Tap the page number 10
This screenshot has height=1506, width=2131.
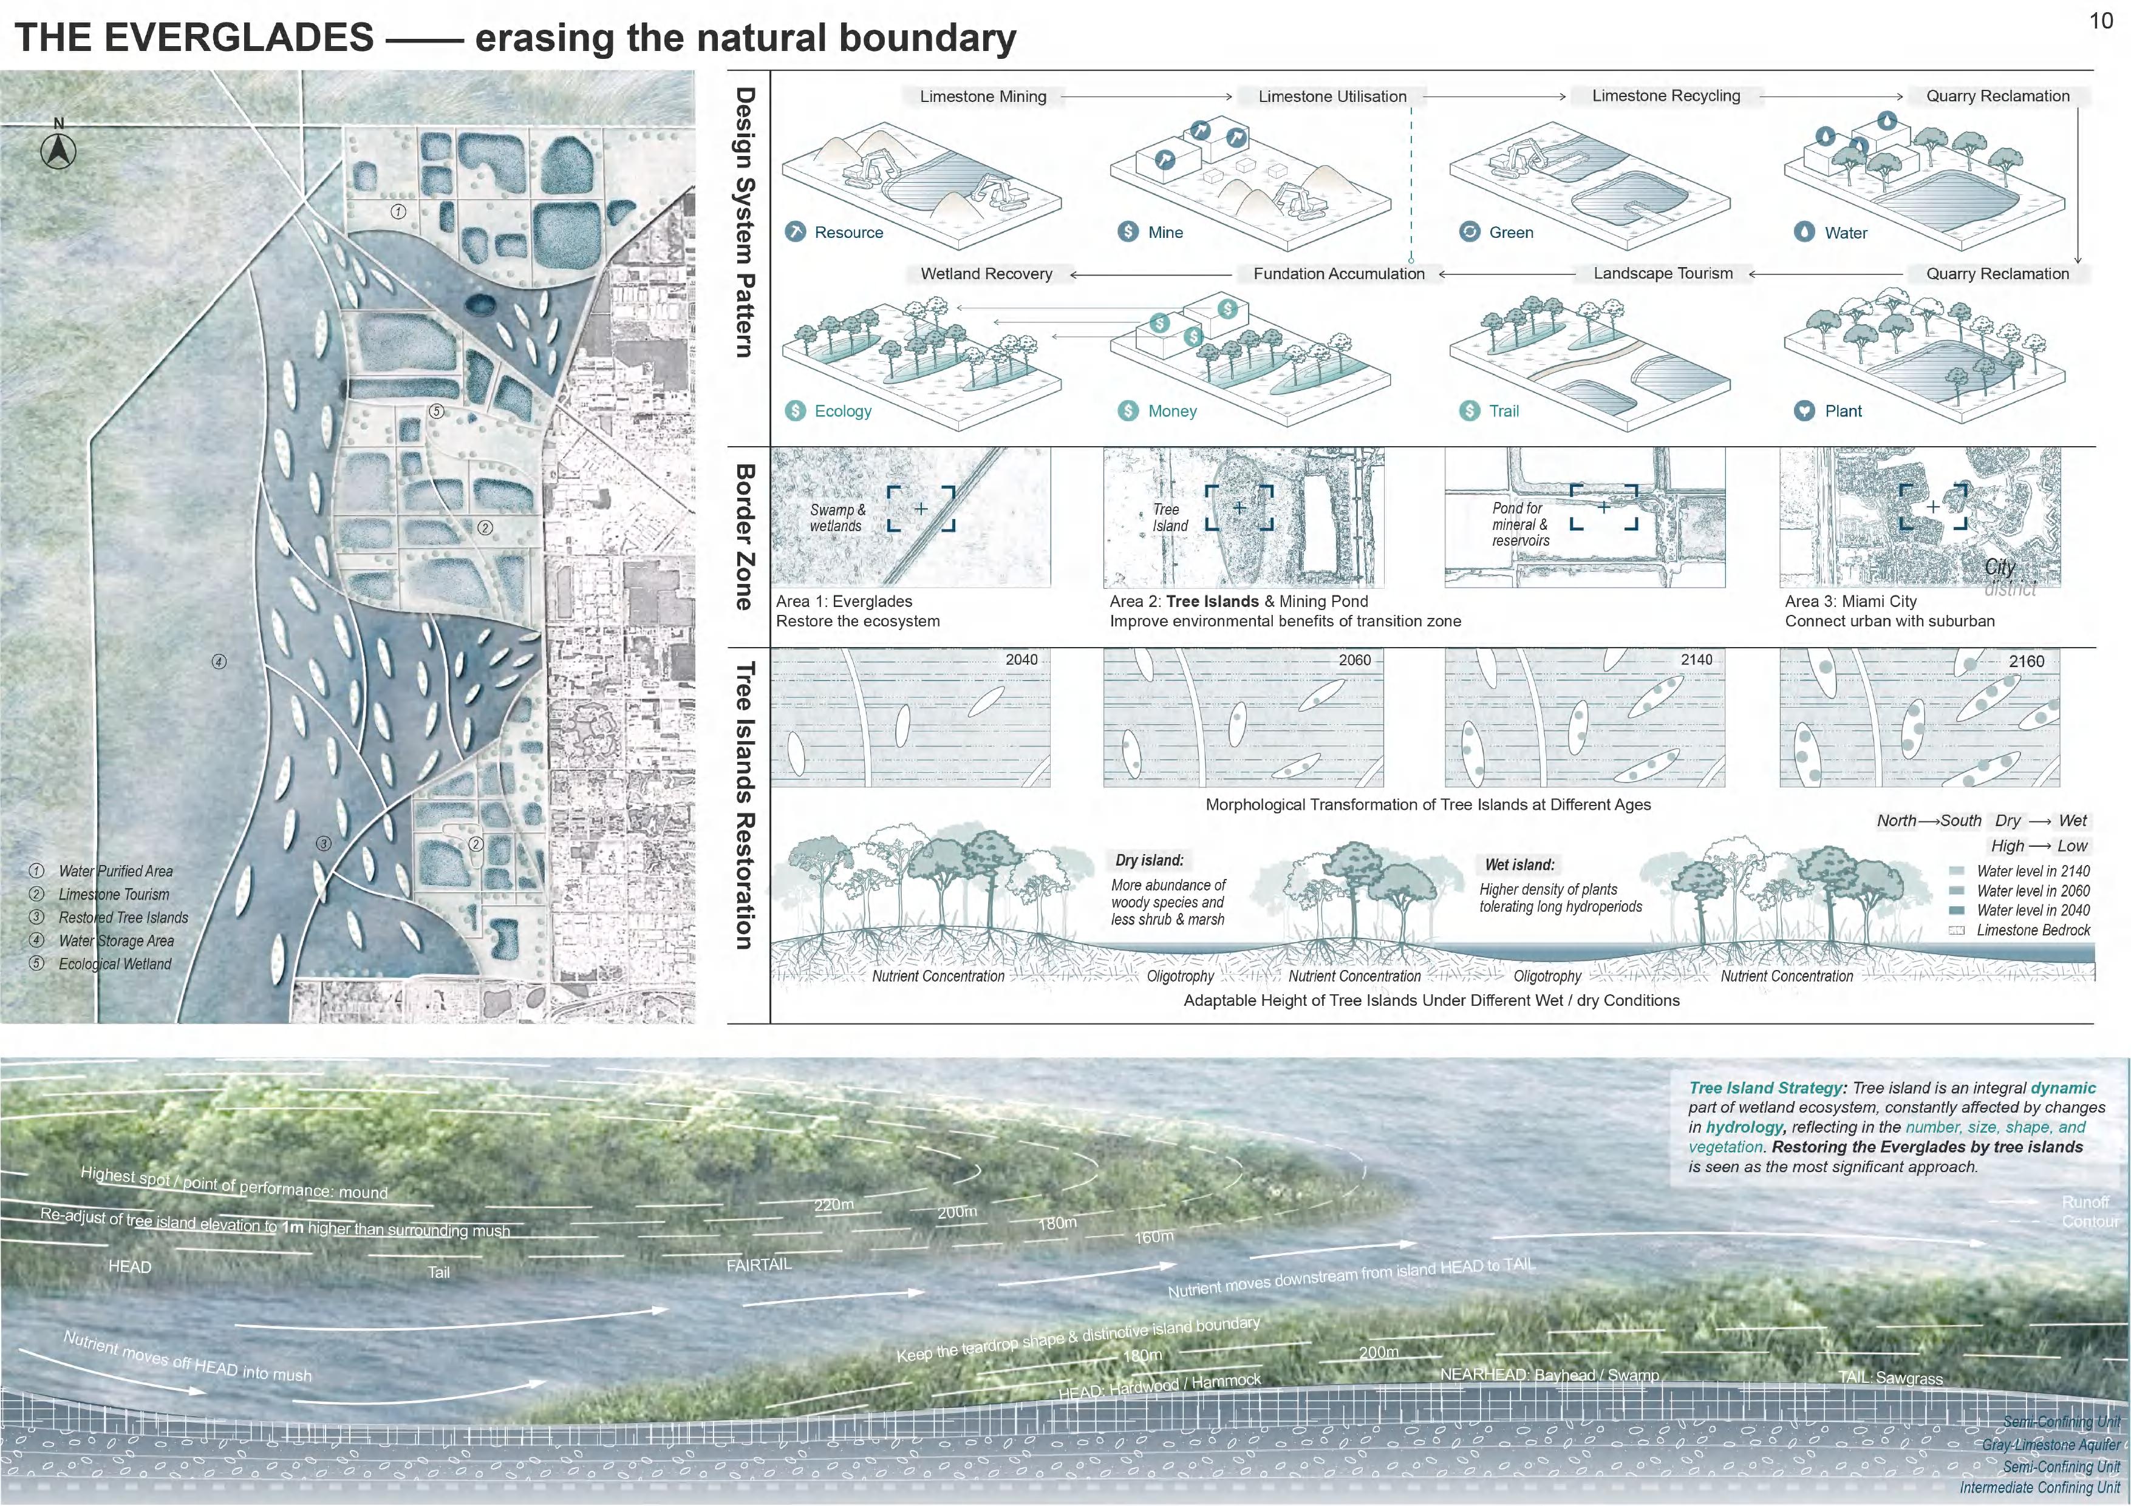2101,21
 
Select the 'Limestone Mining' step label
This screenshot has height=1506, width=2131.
982,97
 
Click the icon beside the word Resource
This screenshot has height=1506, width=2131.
796,232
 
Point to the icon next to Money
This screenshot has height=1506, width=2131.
1128,411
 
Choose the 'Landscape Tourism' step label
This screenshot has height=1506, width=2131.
1662,274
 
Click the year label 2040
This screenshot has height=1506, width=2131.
1021,660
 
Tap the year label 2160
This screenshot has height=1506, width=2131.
2026,662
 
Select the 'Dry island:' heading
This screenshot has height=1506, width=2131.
1149,860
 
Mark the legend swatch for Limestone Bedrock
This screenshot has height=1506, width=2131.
1957,931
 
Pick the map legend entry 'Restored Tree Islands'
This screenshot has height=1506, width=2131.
123,918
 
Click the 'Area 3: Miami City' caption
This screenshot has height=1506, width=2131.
1850,602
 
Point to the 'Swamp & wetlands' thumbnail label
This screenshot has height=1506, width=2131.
836,518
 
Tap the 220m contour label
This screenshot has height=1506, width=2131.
833,1204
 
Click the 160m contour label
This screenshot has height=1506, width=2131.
1154,1237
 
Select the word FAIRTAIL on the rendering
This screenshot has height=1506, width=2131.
759,1265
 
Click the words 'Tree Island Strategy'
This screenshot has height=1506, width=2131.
1764,1088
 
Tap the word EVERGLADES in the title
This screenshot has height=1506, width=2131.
239,38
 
